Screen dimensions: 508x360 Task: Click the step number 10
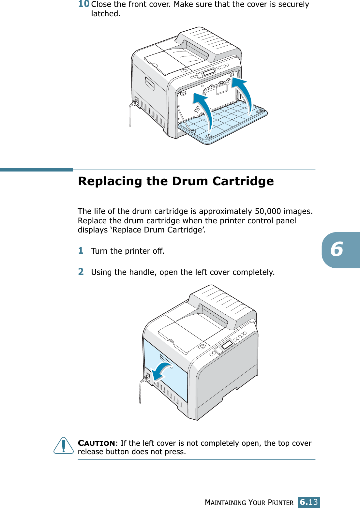click(84, 4)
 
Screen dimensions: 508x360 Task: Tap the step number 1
click(81, 250)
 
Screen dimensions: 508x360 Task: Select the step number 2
click(81, 272)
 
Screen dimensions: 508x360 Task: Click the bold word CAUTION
click(96, 443)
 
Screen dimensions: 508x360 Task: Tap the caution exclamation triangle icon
click(64, 446)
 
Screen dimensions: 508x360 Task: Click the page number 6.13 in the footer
click(308, 502)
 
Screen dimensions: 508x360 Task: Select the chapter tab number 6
click(337, 250)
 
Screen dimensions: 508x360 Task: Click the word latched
click(106, 14)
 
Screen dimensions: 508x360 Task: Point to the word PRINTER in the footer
click(280, 502)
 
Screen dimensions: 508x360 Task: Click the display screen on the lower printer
click(227, 344)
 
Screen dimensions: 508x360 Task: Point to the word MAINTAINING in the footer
click(225, 502)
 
